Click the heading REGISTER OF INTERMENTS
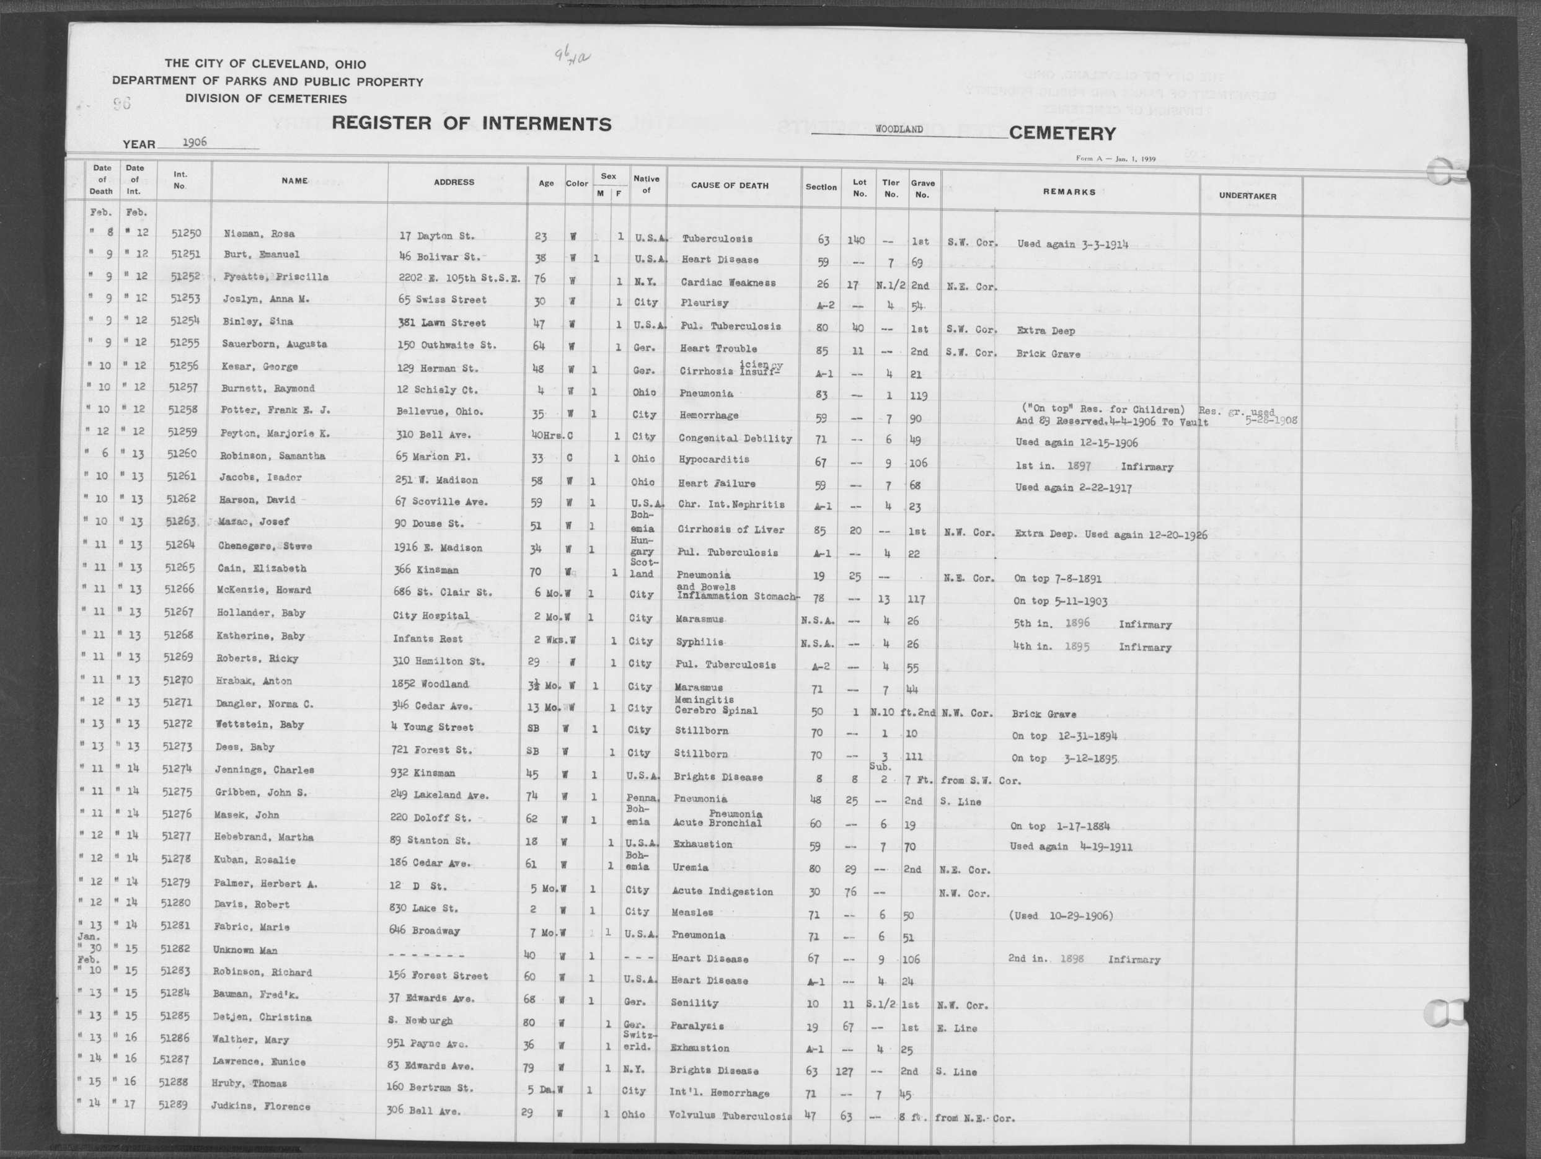pyautogui.click(x=471, y=124)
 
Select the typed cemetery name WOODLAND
pyautogui.click(x=899, y=130)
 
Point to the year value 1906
pyautogui.click(x=195, y=141)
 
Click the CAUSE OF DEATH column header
pyautogui.click(x=730, y=186)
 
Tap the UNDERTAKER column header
pyautogui.click(x=1247, y=196)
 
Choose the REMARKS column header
pyautogui.click(x=1069, y=192)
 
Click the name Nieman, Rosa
pyautogui.click(x=259, y=234)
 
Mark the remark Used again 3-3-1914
pyautogui.click(x=1072, y=244)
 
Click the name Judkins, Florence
pyautogui.click(x=260, y=1106)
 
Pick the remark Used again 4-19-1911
pyautogui.click(x=1070, y=847)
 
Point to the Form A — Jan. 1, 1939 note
pyautogui.click(x=1115, y=159)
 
